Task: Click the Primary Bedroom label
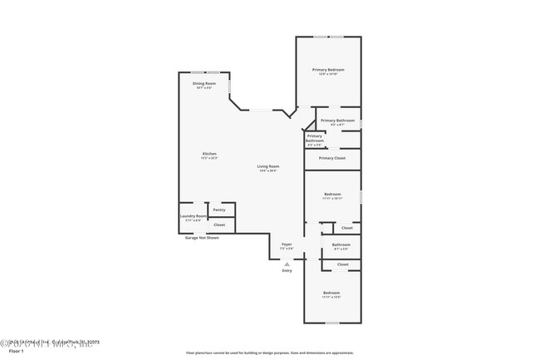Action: (x=328, y=70)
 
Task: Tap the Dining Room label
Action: (x=204, y=83)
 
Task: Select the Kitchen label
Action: (x=209, y=154)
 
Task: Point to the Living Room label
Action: (x=268, y=166)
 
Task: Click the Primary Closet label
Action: (x=331, y=158)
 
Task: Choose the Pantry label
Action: (x=219, y=210)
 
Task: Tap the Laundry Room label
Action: (x=193, y=216)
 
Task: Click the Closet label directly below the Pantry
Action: (x=219, y=224)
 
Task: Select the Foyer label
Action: (x=287, y=244)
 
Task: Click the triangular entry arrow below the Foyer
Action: (x=287, y=263)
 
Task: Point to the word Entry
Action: (x=287, y=270)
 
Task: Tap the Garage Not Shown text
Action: (x=202, y=238)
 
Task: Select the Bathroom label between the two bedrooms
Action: (x=341, y=244)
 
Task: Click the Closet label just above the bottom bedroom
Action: (x=342, y=264)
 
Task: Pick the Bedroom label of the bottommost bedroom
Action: (x=331, y=293)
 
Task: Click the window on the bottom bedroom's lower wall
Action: (x=331, y=323)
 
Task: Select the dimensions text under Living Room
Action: (x=268, y=171)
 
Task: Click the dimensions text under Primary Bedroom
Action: (x=328, y=75)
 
